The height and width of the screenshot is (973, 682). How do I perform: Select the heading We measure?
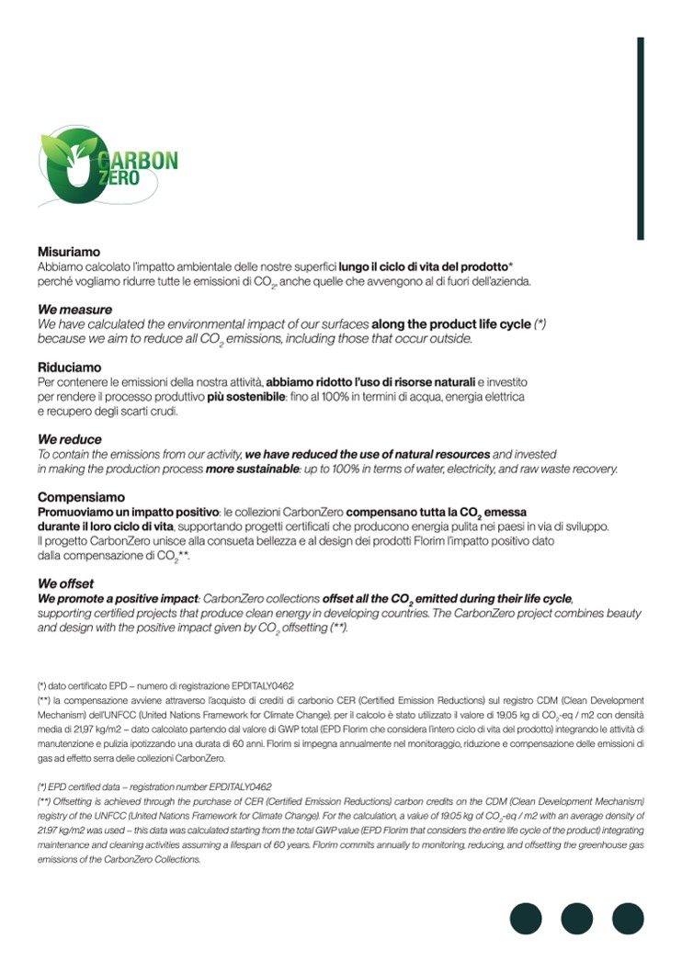coord(74,310)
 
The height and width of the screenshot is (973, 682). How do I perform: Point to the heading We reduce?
coord(70,439)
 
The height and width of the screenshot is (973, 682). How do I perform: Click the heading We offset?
coord(65,583)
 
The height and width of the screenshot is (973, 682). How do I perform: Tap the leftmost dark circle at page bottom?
coord(527,919)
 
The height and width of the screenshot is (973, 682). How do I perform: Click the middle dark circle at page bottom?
coord(577,919)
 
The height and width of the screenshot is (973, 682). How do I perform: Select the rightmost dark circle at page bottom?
coord(628,919)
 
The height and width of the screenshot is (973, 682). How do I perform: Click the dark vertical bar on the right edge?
coord(641,138)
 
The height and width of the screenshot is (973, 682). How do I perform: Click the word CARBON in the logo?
coord(147,158)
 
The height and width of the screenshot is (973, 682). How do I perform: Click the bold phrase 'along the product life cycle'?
coord(451,324)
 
